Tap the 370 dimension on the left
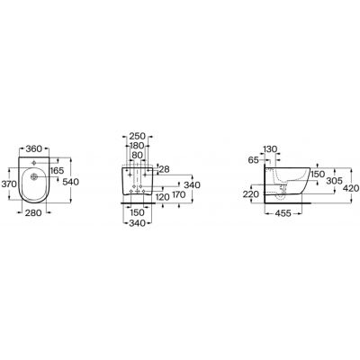coord(9,183)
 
